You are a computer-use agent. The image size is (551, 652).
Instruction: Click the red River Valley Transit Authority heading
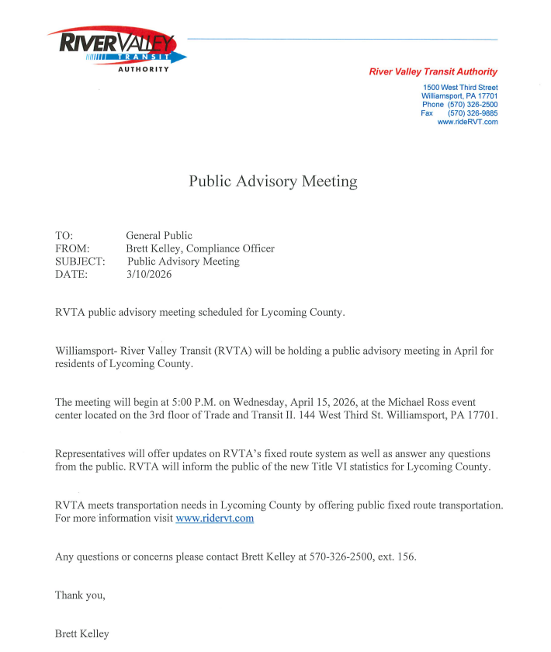coord(433,72)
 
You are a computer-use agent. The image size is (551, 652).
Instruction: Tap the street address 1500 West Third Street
coord(460,88)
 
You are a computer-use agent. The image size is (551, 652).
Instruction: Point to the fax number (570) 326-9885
coord(473,113)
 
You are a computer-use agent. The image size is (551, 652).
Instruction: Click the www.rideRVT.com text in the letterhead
coord(467,122)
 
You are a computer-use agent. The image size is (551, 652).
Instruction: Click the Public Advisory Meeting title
coord(273,182)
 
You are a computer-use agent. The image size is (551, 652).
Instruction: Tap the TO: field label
coord(66,235)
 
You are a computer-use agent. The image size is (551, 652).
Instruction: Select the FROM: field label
coord(73,248)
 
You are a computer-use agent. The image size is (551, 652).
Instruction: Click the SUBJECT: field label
coord(80,262)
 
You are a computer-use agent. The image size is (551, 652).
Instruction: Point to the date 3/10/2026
coord(148,275)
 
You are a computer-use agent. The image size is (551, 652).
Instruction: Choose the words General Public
coord(159,235)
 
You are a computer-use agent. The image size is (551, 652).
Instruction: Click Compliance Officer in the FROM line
coord(230,248)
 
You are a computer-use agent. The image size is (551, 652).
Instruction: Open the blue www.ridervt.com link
coord(215,518)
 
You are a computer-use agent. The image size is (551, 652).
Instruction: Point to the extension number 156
coord(407,557)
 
